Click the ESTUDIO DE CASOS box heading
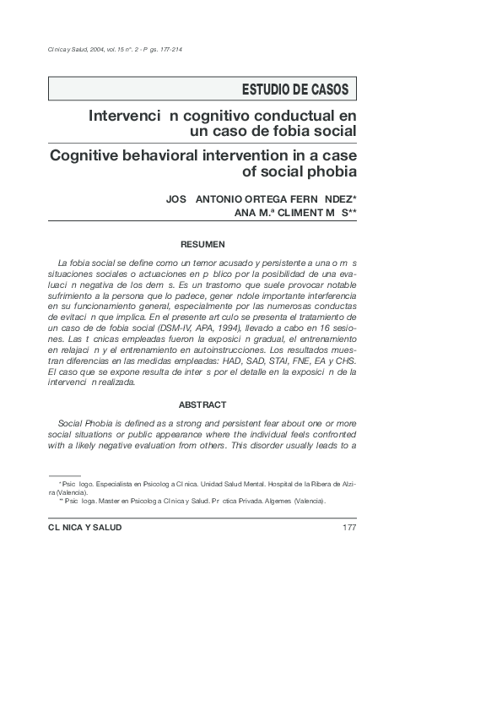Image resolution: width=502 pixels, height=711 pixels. (x=294, y=89)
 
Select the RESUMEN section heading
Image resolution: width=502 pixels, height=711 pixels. (x=202, y=244)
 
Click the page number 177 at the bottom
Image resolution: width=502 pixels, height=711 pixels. (x=349, y=528)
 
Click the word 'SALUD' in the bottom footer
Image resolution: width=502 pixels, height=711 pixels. (x=102, y=528)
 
